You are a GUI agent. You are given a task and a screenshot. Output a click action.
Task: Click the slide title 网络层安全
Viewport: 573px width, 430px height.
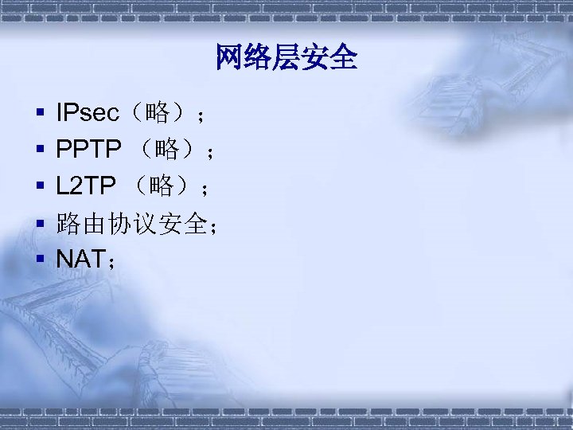click(x=286, y=57)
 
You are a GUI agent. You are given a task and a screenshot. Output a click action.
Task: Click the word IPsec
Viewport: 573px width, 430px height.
click(x=88, y=114)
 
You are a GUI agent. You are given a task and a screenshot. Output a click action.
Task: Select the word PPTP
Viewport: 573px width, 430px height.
click(x=88, y=149)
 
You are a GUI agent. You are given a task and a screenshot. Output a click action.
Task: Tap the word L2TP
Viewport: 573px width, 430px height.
click(x=85, y=187)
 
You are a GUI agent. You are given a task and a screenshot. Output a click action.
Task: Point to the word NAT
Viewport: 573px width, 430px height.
click(x=80, y=257)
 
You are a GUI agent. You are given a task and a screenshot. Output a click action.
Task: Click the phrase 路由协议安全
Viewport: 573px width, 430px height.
click(x=131, y=224)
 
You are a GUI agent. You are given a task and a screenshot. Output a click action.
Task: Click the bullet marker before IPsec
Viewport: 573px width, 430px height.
click(x=38, y=115)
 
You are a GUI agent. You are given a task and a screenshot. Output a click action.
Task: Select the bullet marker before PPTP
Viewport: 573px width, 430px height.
click(x=38, y=150)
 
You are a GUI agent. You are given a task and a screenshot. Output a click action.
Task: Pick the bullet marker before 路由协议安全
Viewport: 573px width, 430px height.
click(x=38, y=225)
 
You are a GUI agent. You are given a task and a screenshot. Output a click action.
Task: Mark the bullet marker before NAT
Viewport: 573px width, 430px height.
click(x=38, y=258)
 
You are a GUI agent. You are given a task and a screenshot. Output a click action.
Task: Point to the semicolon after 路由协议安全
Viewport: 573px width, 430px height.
click(x=212, y=226)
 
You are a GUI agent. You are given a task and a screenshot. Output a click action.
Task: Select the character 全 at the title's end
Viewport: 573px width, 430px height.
click(x=344, y=57)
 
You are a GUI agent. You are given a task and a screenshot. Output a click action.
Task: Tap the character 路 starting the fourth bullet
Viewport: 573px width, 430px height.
click(x=68, y=224)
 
